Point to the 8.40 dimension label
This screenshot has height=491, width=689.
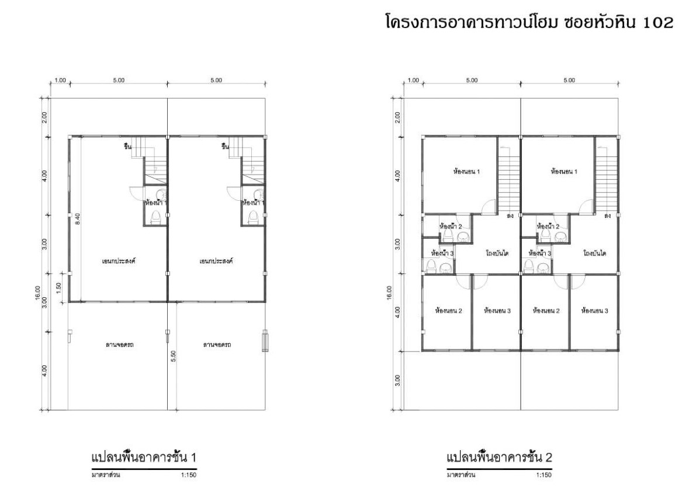(77, 219)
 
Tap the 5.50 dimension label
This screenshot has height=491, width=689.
(174, 356)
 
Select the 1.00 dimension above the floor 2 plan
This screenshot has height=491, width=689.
(414, 80)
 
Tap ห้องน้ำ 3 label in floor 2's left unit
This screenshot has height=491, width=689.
(442, 253)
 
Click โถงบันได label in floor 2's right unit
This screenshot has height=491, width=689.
(594, 253)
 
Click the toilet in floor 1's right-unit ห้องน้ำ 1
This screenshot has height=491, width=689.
(253, 218)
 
